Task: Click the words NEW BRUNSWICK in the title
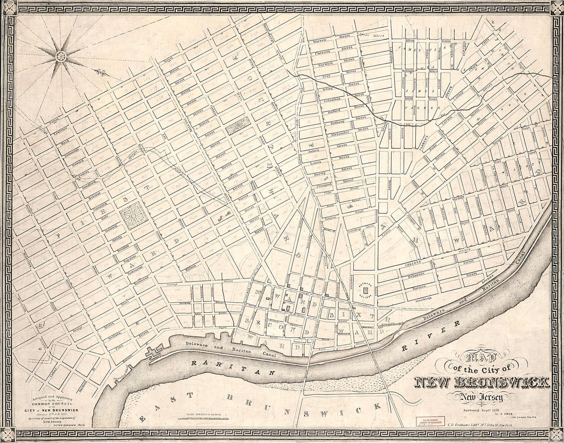pyautogui.click(x=481, y=382)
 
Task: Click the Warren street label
pyautogui.click(x=319, y=40)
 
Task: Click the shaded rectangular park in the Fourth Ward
pyautogui.click(x=238, y=125)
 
